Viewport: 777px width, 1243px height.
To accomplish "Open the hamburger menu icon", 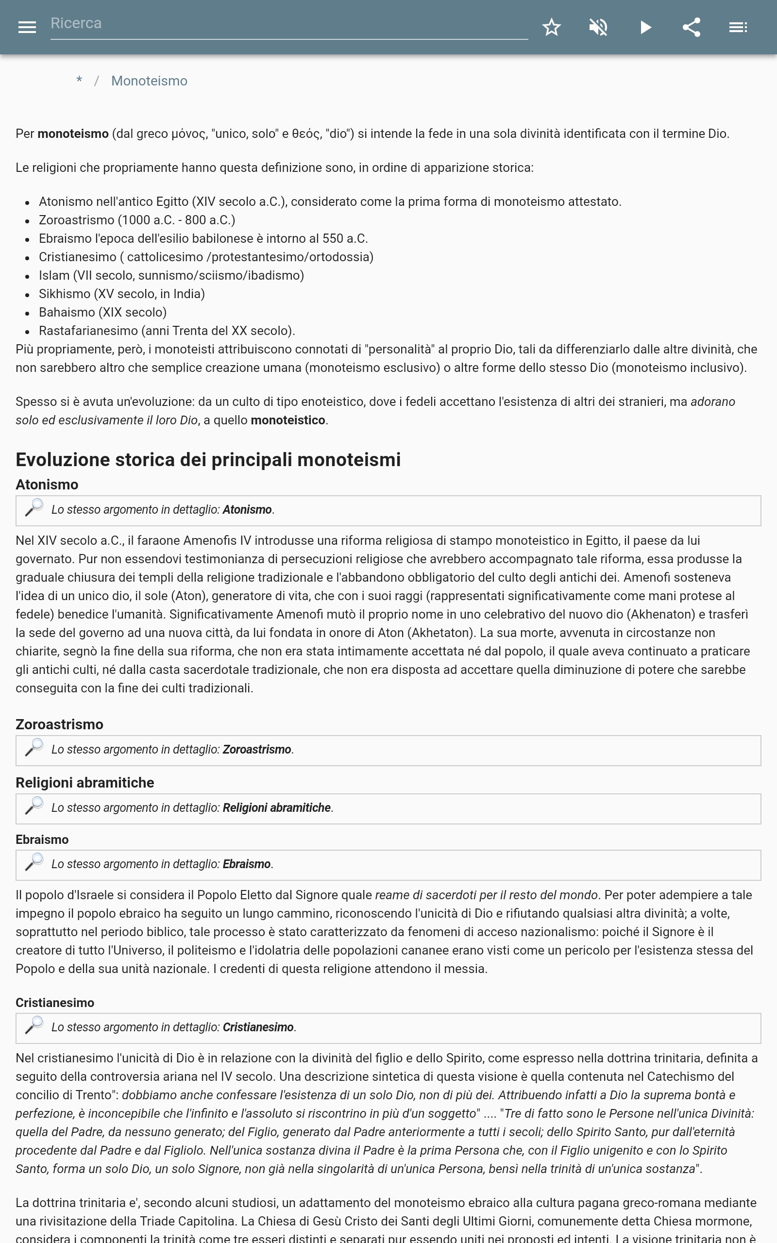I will click(x=27, y=27).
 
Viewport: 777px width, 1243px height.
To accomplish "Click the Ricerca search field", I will click(x=288, y=24).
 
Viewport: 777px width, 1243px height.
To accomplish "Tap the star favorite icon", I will click(x=551, y=27).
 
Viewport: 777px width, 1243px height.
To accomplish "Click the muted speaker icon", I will click(x=598, y=27).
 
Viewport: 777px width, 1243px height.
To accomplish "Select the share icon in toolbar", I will click(x=692, y=27).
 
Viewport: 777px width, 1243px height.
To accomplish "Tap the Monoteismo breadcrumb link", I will click(x=149, y=81).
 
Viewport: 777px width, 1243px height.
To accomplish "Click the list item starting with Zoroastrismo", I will click(x=136, y=220).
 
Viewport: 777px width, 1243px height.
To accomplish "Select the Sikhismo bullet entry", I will click(x=121, y=294).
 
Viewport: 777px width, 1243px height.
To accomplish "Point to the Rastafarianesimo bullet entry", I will click(x=167, y=331).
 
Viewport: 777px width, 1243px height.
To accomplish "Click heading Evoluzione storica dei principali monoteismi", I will click(x=208, y=460).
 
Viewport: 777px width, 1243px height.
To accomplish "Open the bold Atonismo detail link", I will click(x=247, y=510).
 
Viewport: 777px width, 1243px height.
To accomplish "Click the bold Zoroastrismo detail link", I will click(x=256, y=750).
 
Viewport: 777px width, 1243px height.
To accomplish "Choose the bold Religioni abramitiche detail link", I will click(x=276, y=808).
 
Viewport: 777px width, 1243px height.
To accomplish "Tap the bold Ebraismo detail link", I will click(x=246, y=864).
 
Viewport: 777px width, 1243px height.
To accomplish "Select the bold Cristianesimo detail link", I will click(x=258, y=1028).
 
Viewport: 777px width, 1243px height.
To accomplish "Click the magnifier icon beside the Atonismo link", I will click(x=34, y=508).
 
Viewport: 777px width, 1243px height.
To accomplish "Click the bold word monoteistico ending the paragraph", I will click(x=288, y=420).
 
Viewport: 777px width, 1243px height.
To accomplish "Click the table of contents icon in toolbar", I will click(x=738, y=27).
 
